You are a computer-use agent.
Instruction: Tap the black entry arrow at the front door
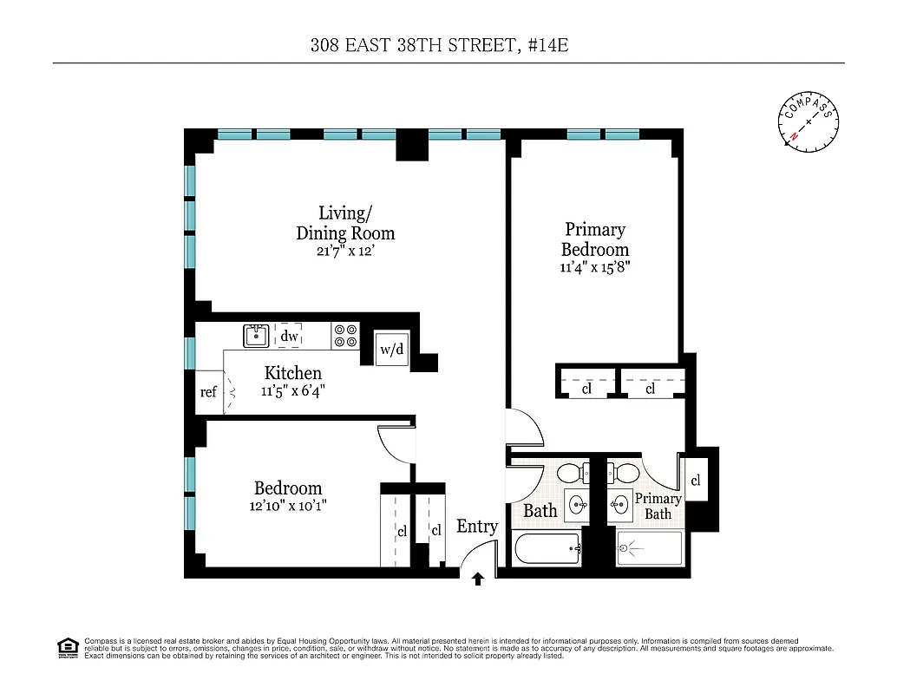[477, 579]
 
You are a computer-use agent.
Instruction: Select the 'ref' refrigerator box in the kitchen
[208, 392]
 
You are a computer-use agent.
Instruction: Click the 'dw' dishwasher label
[290, 337]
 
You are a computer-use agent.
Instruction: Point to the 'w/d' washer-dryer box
[392, 350]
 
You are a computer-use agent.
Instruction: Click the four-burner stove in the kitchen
[346, 336]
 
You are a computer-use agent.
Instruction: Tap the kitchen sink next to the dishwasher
[256, 336]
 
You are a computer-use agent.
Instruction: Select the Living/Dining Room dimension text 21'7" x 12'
[345, 251]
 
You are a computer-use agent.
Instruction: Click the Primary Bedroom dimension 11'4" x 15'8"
[594, 267]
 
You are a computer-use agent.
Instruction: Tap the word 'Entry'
[477, 527]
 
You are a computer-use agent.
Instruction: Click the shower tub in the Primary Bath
[651, 549]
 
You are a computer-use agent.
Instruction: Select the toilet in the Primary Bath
[625, 474]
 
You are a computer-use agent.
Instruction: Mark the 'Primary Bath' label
[658, 506]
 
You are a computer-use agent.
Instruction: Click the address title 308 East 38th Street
[439, 45]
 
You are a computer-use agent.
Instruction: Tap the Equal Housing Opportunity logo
[66, 647]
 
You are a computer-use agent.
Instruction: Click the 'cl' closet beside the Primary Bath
[696, 481]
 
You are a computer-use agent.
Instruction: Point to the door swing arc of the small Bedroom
[392, 444]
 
